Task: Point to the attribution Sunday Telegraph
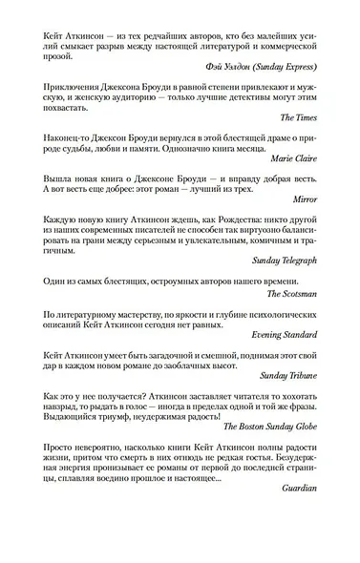pos(295,311)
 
